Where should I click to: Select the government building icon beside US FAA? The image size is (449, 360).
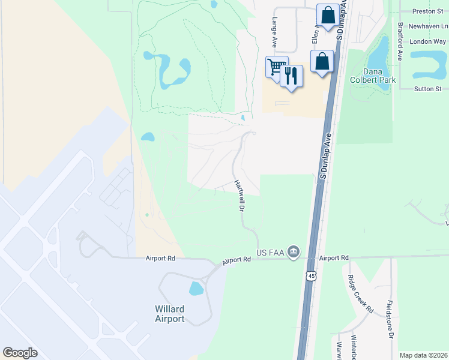coord(294,251)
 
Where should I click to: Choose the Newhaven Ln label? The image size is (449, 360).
coord(428,26)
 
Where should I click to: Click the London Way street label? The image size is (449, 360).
coord(427,41)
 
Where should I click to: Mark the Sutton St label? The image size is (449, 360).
coord(428,89)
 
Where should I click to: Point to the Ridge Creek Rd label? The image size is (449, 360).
coord(360,294)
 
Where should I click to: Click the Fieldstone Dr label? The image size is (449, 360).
coord(390,319)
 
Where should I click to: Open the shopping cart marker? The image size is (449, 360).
coord(277,66)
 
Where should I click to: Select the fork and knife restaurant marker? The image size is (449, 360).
coord(291,76)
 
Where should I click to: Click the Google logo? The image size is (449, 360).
coord(20,353)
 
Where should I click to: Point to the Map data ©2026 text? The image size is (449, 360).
coord(423,355)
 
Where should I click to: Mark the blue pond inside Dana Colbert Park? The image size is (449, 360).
coord(378,56)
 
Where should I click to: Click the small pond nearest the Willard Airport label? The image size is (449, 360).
coord(196,289)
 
